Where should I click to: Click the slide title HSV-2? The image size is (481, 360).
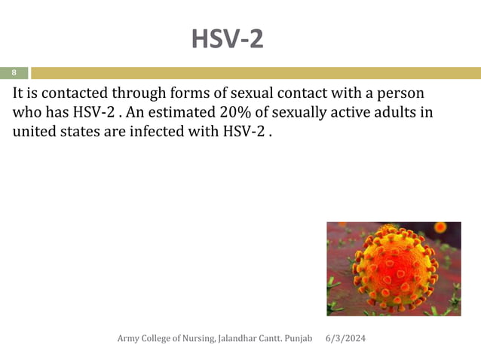(x=227, y=38)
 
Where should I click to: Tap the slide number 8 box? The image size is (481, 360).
(x=14, y=73)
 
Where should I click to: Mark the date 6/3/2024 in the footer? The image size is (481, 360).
(x=345, y=339)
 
